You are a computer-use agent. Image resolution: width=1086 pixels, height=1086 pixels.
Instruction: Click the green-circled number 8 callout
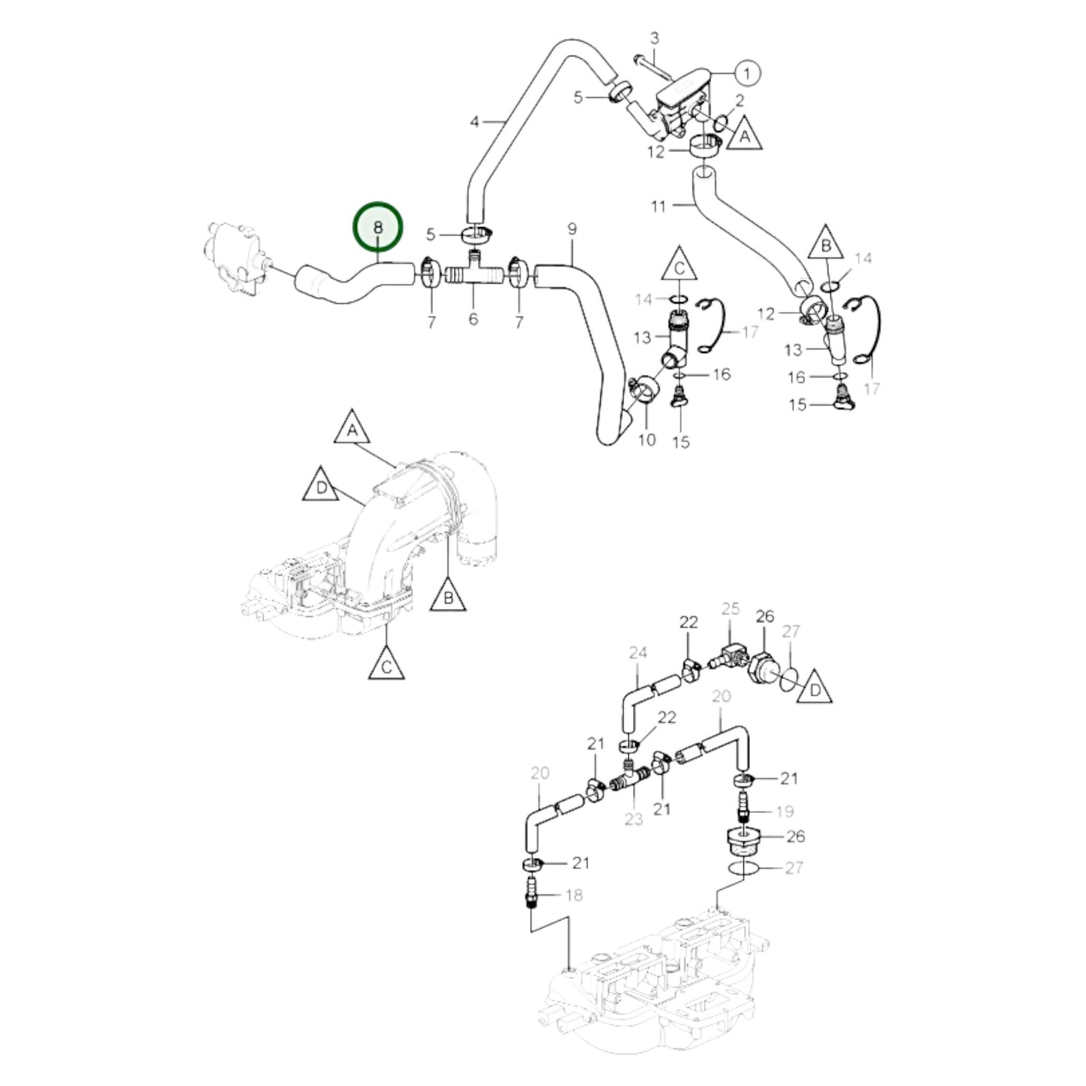coord(378,226)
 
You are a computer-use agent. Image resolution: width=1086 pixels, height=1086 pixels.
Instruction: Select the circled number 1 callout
coord(746,73)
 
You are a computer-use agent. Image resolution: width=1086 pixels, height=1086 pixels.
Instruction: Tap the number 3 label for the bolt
coord(654,38)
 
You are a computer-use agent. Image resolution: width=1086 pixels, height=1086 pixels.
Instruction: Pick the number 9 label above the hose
coord(572,228)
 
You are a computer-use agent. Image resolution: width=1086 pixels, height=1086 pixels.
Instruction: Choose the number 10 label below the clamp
coord(646,440)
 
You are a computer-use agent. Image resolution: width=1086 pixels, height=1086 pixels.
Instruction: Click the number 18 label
coord(573,894)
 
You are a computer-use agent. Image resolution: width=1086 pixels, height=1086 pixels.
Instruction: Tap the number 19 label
coord(785,812)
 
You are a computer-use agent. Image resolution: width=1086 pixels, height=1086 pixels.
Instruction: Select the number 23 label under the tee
coord(634,818)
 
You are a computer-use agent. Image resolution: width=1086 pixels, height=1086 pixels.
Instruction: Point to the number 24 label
coord(638,654)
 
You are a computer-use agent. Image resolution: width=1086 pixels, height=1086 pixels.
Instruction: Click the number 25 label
coord(731,609)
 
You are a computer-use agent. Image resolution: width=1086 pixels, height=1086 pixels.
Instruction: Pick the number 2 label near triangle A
coord(740,100)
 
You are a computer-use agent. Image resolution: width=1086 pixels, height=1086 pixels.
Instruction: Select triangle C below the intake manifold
coord(386,664)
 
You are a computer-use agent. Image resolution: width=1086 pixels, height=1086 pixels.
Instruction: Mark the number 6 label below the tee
coord(473,319)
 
